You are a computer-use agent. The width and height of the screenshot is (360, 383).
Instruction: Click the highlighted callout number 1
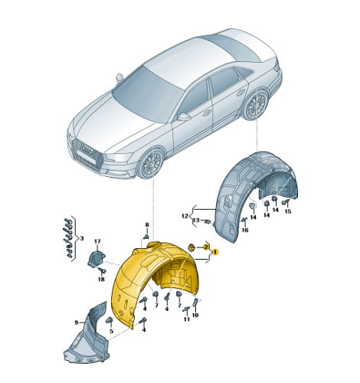pos(215,252)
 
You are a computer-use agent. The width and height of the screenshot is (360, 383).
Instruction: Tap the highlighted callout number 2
pos(206,247)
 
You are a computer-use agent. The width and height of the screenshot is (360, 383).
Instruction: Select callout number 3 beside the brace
pos(82,238)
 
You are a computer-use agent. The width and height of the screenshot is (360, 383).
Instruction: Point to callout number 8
pos(147,224)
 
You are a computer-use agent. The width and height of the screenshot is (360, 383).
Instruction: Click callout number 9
pos(76,322)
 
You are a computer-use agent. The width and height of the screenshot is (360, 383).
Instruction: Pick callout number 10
pos(195,315)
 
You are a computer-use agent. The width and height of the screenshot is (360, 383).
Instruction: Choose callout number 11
pos(187,319)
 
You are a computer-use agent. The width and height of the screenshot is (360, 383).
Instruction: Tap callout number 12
pos(185,216)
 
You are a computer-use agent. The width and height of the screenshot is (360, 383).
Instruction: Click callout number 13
pos(196,220)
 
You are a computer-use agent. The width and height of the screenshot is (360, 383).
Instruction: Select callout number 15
pos(288,211)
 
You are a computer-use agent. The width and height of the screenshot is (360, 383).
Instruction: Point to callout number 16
pos(245,231)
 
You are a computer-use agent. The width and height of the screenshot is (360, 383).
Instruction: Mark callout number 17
pos(97,241)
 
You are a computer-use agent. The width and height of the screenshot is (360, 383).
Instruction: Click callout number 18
pos(101,280)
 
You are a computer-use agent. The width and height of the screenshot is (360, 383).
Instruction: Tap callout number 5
pos(111,332)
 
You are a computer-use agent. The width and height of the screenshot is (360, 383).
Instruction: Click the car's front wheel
pos(150,164)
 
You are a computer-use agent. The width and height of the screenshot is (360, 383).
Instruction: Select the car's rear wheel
pos(255,105)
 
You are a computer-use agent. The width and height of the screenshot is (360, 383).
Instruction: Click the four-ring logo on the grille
pos(87,151)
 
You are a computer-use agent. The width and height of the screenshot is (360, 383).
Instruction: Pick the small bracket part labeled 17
pos(96,259)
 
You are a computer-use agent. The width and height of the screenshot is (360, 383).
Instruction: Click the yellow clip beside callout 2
pos(191,247)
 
